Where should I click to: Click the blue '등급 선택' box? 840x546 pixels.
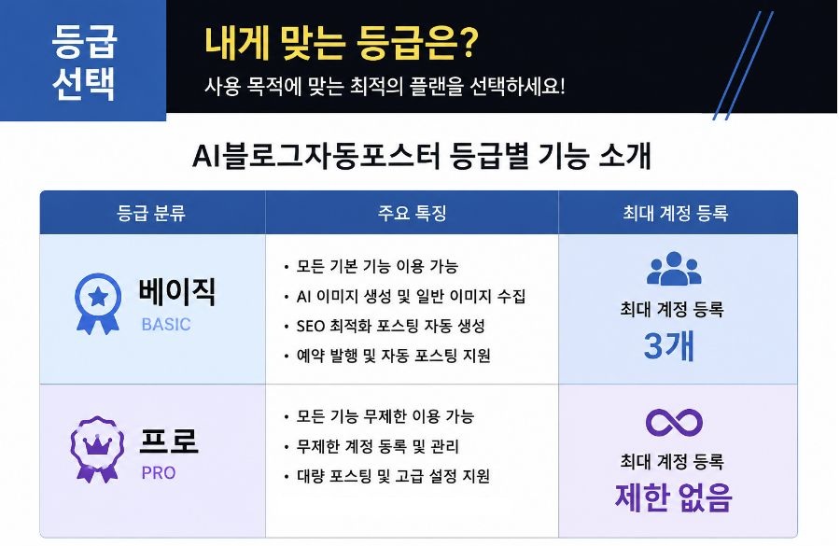point(83,60)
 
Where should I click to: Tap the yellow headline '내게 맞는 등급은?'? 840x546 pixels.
point(341,43)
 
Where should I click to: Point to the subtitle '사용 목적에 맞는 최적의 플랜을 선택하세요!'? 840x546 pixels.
point(385,86)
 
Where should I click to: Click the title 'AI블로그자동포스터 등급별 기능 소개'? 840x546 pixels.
point(421,156)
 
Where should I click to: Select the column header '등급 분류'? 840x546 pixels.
point(151,213)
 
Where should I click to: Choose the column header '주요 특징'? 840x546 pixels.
point(412,213)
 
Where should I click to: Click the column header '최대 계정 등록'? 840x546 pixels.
point(675,213)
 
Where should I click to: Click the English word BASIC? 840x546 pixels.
point(166,325)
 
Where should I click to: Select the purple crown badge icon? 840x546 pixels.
point(97,449)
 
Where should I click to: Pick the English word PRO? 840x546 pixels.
point(159,473)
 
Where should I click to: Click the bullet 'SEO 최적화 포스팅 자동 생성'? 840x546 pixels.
point(390,326)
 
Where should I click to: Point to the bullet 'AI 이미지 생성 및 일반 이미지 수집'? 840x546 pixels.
point(411,296)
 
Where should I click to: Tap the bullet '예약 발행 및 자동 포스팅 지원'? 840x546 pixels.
point(393,356)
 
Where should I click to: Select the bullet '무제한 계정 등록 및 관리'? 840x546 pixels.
point(378,446)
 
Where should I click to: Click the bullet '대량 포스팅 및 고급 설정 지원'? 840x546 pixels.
point(393,476)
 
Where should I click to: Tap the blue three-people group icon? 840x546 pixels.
point(674,268)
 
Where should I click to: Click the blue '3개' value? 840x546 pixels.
point(669,345)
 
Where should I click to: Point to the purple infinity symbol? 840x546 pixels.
point(674,422)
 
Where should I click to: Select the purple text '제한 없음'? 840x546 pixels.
point(673,497)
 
